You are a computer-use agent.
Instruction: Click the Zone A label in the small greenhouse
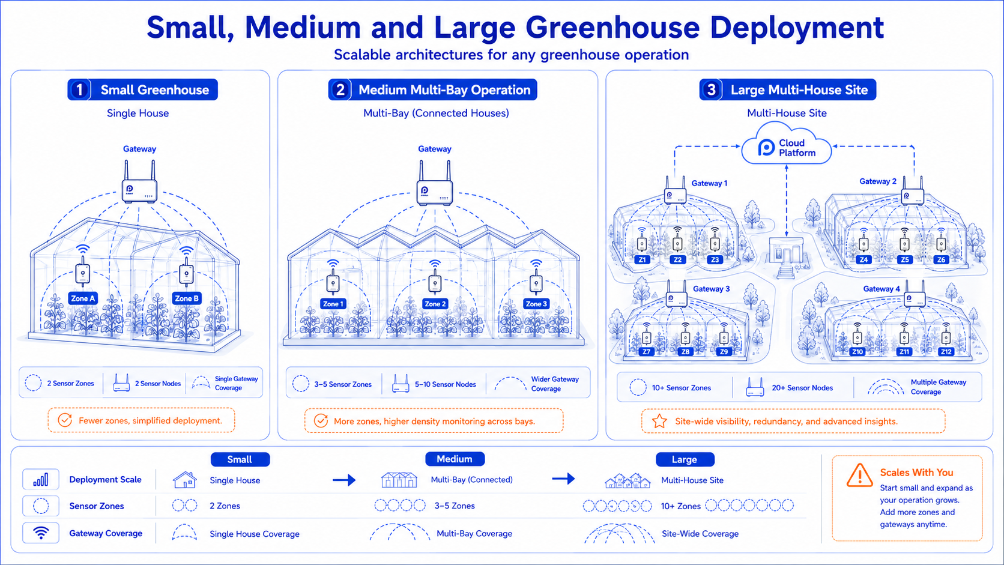(83, 298)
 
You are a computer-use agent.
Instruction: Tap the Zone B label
(187, 298)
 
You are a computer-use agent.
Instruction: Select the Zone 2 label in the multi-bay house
(435, 304)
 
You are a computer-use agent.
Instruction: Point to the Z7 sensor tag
(646, 352)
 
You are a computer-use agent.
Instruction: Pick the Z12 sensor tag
(946, 352)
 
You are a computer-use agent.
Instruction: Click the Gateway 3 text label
(712, 289)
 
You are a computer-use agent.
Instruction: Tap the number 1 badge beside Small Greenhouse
(80, 89)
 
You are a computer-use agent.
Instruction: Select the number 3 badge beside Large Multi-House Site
(712, 89)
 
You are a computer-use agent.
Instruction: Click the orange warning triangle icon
(860, 476)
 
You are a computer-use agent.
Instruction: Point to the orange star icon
(659, 421)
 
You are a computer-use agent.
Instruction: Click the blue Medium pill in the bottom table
(455, 459)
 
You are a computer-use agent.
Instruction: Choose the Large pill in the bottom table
(685, 459)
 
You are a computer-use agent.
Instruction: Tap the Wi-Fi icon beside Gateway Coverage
(41, 533)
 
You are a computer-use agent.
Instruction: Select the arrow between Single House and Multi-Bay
(344, 480)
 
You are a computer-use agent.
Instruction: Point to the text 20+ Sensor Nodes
(802, 388)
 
